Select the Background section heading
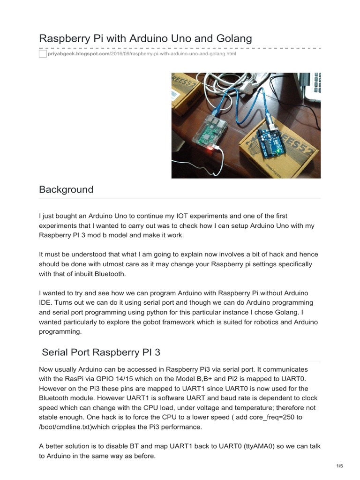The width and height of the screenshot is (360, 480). (66, 189)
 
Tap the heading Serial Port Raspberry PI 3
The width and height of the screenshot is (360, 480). (101, 352)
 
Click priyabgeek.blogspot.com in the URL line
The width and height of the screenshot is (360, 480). (78, 54)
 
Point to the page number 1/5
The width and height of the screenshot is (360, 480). (340, 465)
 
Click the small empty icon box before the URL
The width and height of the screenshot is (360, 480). (43, 54)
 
